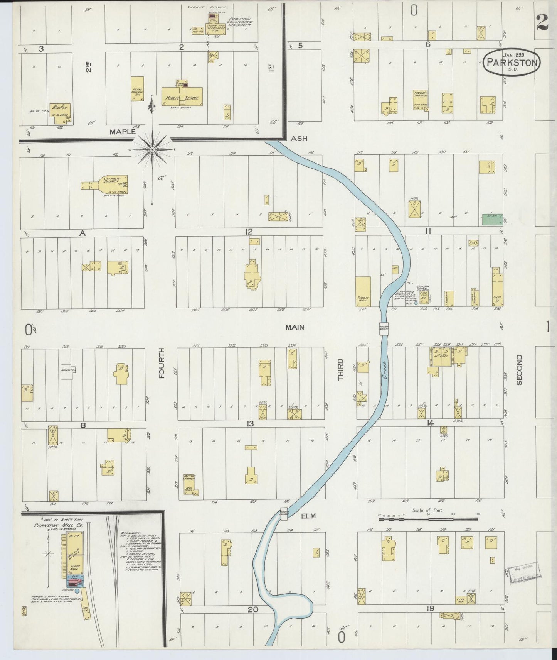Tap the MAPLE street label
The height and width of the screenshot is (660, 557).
122,132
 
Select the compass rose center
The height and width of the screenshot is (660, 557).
152,149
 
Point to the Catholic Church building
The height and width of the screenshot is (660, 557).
110,184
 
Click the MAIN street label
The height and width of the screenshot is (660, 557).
294,327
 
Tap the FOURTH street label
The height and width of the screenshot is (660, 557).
161,363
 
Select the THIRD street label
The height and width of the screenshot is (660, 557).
340,369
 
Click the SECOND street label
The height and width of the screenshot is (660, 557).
519,369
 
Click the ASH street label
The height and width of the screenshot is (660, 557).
299,138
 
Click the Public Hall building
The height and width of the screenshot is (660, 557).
363,291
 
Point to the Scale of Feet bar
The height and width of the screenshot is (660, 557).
428,519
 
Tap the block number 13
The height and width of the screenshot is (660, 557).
250,424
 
